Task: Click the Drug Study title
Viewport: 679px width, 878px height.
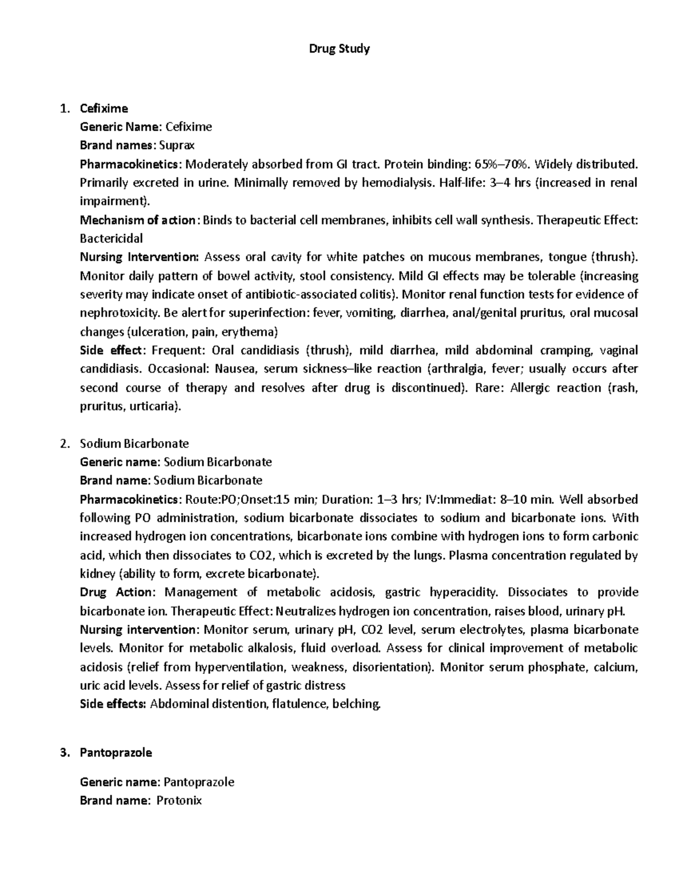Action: [x=339, y=49]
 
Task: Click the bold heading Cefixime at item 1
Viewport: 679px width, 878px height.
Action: [x=104, y=108]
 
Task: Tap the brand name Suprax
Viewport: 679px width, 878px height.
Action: [x=177, y=145]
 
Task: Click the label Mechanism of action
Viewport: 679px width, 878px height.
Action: [x=137, y=220]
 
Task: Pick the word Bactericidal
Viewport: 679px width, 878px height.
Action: [x=111, y=239]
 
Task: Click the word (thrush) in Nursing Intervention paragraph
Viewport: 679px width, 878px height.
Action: [x=613, y=257]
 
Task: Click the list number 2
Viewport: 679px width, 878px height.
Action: [x=65, y=443]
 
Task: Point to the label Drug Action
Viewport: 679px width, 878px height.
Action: [x=116, y=592]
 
